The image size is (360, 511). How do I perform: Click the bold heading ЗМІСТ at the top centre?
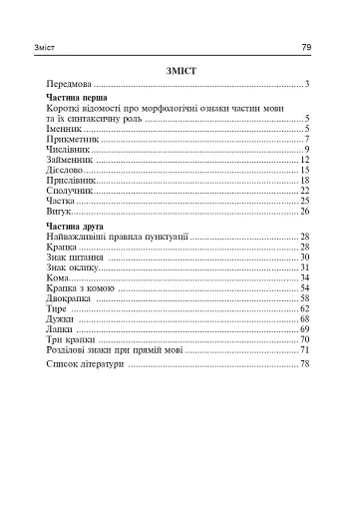pyautogui.click(x=180, y=70)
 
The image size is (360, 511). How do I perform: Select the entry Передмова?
pyautogui.click(x=69, y=84)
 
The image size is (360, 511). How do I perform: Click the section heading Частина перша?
pyautogui.click(x=73, y=100)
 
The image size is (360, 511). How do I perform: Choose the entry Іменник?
pyautogui.click(x=64, y=129)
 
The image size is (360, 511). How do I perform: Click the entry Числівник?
pyautogui.click(x=69, y=150)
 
